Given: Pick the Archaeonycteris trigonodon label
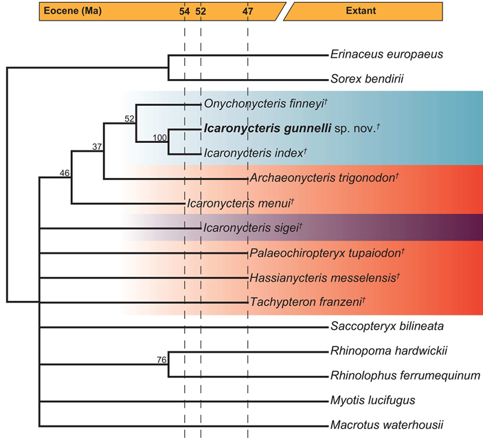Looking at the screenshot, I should (x=324, y=179).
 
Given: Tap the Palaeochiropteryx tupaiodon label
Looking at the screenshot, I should (x=325, y=253).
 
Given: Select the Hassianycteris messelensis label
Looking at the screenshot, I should (x=324, y=278).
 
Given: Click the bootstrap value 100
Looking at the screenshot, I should (x=159, y=137).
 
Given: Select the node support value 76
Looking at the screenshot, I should (x=161, y=359).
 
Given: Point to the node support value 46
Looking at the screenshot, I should (x=65, y=173).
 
